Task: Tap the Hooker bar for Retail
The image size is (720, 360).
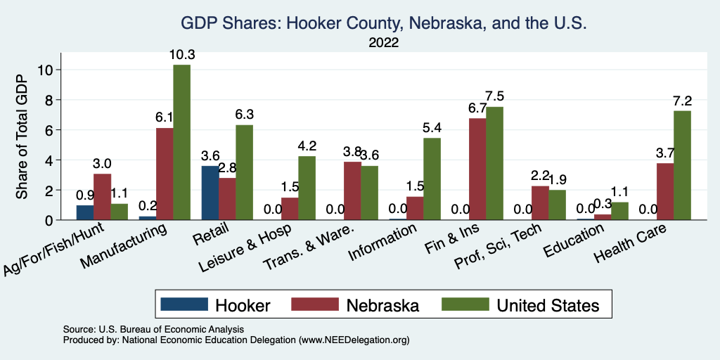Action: [x=210, y=193]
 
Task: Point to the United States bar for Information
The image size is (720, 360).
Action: [x=432, y=179]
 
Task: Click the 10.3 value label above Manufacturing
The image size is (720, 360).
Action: [x=181, y=54]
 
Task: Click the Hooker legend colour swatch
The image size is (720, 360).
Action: [x=185, y=304]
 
